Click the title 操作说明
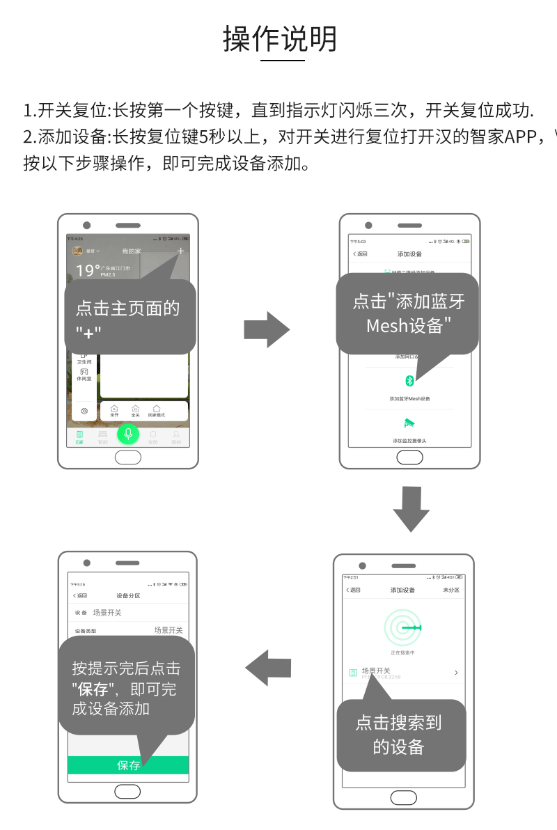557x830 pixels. click(x=280, y=40)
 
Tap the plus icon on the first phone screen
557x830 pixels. click(x=180, y=251)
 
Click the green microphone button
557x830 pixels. click(x=128, y=434)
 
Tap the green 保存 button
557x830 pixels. click(x=128, y=765)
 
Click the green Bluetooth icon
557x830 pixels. click(x=410, y=381)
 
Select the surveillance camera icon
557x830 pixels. click(x=409, y=423)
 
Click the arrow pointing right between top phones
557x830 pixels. click(x=267, y=329)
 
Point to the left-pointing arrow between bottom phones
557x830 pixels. click(x=268, y=667)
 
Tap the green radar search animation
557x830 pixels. click(x=403, y=628)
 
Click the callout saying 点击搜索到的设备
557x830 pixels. click(x=400, y=735)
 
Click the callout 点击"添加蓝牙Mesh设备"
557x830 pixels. click(x=408, y=313)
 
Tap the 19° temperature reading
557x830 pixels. click(x=86, y=270)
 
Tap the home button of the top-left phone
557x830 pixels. click(x=128, y=457)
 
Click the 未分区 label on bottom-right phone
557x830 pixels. click(x=451, y=590)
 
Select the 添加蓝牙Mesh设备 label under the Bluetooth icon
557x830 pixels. click(x=409, y=399)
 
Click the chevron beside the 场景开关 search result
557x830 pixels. click(x=456, y=673)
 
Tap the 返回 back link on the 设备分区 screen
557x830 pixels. click(x=80, y=596)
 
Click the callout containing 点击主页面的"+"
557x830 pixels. click(x=129, y=317)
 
